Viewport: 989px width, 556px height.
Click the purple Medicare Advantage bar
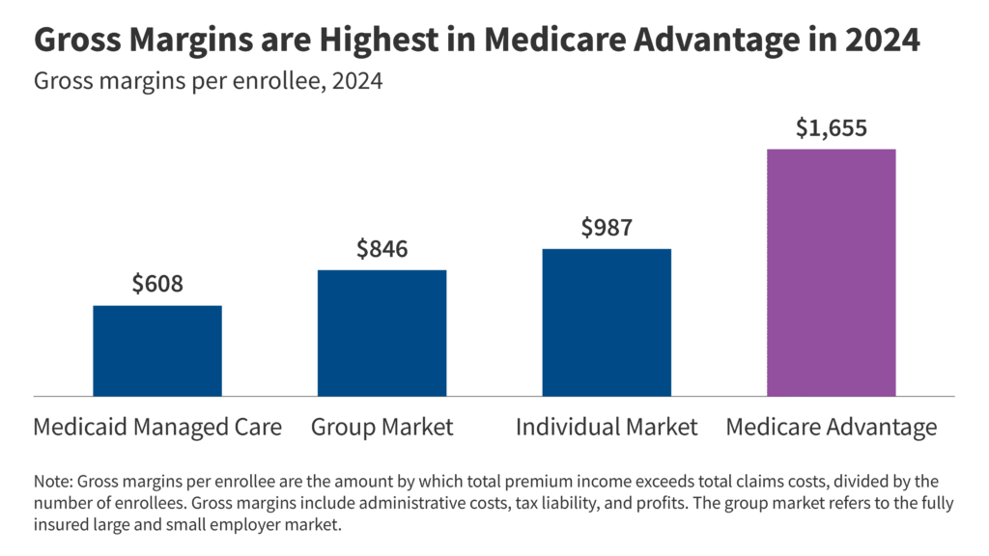pyautogui.click(x=831, y=272)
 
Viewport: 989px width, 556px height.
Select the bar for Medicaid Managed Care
pyautogui.click(x=156, y=350)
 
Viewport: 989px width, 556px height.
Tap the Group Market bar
pyautogui.click(x=381, y=332)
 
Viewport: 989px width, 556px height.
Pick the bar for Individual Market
pyautogui.click(x=607, y=321)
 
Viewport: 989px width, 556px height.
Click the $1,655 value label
pyautogui.click(x=831, y=128)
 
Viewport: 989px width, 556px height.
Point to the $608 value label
pyautogui.click(x=156, y=285)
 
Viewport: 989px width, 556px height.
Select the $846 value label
pyautogui.click(x=381, y=249)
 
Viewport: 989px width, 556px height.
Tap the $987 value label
pyautogui.click(x=607, y=228)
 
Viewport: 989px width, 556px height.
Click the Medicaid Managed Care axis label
pyautogui.click(x=157, y=427)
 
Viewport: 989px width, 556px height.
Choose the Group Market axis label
pyautogui.click(x=381, y=427)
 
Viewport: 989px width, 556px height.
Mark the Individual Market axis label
pyautogui.click(x=607, y=427)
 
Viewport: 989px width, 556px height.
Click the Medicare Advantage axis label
pyautogui.click(x=831, y=427)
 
